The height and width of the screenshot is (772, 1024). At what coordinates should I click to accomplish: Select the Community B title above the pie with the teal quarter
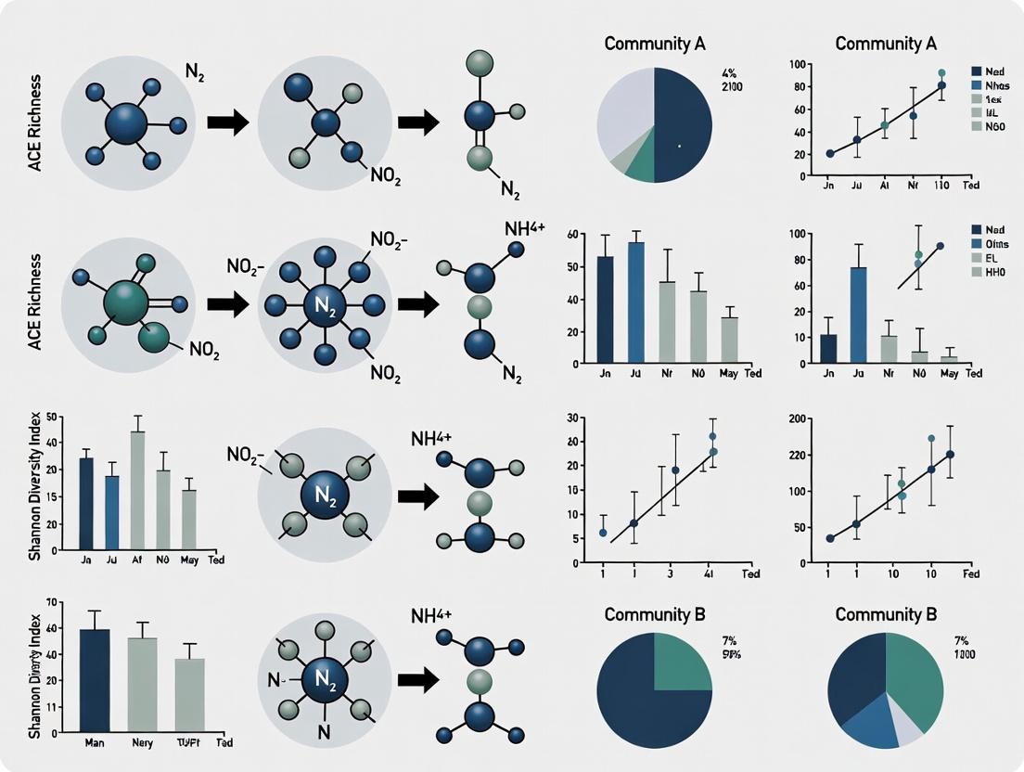pos(655,614)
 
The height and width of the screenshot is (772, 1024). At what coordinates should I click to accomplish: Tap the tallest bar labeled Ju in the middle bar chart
pos(636,302)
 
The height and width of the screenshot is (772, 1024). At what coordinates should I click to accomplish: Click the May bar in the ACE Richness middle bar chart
pos(730,339)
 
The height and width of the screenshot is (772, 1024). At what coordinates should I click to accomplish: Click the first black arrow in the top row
pos(226,122)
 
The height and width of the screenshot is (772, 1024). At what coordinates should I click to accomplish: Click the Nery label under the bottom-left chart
pos(142,743)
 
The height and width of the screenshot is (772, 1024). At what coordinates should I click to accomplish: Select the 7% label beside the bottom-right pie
pos(960,640)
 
